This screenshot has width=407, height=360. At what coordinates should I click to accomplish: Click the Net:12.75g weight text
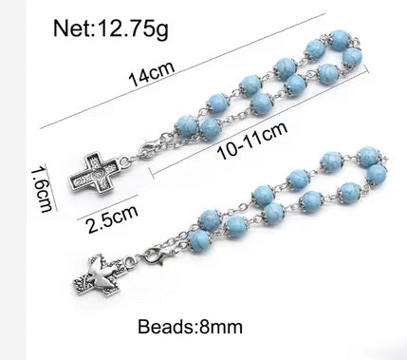tap(110, 28)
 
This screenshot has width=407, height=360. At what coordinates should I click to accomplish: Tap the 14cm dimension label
tap(152, 75)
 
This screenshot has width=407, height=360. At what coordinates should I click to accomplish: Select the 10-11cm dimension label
tap(252, 141)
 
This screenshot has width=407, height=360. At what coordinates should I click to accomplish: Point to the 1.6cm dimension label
tap(42, 191)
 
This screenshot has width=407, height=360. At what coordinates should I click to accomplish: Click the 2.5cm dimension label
tap(113, 219)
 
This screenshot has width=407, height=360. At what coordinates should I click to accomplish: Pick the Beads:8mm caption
tap(190, 327)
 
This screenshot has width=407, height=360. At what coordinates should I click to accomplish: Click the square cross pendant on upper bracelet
tap(93, 173)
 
